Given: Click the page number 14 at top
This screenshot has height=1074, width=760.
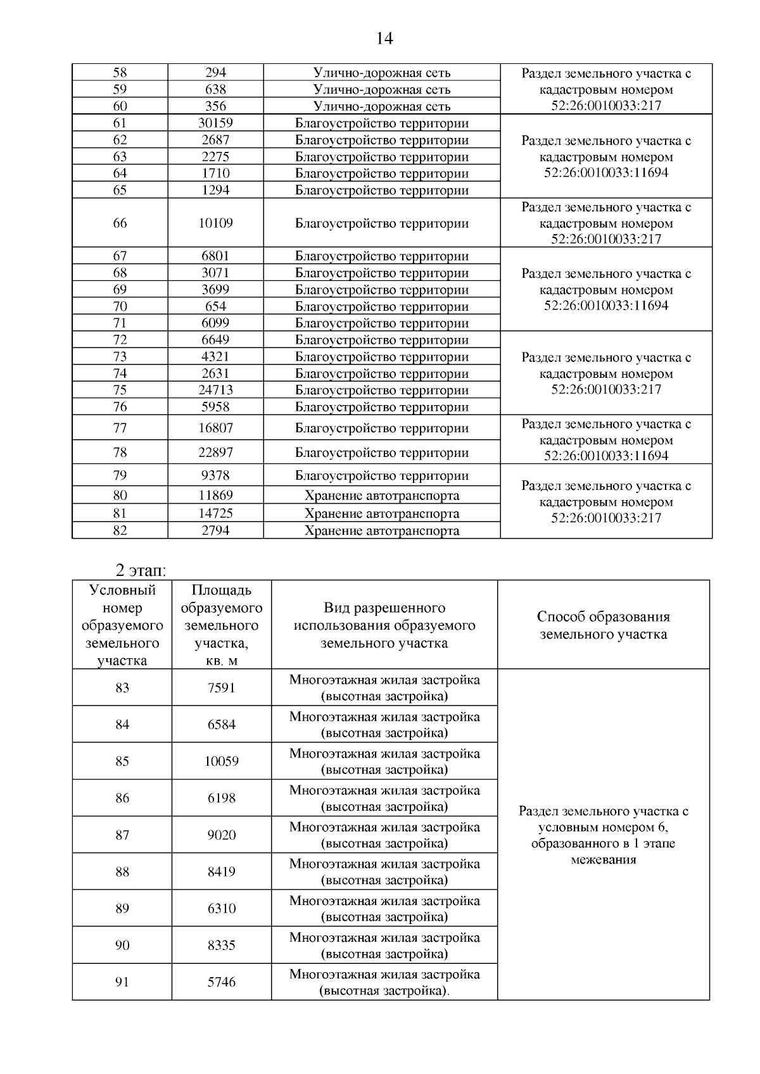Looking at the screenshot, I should [x=384, y=39].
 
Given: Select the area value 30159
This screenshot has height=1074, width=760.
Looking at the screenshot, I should [x=215, y=123].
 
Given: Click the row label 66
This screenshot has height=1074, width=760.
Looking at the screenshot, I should [x=120, y=223].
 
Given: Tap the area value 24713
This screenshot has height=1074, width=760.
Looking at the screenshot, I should [x=215, y=390].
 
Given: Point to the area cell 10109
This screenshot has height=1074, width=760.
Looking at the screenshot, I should [x=215, y=223].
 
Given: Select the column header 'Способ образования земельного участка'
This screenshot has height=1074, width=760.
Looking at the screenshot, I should [x=603, y=625].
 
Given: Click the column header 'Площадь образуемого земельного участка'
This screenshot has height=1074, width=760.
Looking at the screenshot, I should [x=221, y=625].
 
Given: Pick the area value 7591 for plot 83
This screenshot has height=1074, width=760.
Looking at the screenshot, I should [x=221, y=688].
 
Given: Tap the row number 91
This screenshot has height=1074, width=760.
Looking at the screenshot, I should [x=122, y=982].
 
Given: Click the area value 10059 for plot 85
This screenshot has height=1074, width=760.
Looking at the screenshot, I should [x=221, y=761].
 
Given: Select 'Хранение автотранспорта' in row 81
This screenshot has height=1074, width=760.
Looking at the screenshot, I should [x=382, y=513].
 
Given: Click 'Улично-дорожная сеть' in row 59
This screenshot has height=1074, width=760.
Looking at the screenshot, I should [x=382, y=89].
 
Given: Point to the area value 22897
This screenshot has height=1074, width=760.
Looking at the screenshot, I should [x=215, y=453].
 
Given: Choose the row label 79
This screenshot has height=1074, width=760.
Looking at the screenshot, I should [x=120, y=475].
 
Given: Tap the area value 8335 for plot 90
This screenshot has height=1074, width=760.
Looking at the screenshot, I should [x=221, y=945].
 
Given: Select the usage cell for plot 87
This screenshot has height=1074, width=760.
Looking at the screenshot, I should [x=384, y=835].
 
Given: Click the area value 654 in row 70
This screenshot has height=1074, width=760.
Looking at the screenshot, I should [x=215, y=306].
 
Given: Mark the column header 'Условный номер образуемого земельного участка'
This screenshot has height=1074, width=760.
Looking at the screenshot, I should [x=122, y=625].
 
